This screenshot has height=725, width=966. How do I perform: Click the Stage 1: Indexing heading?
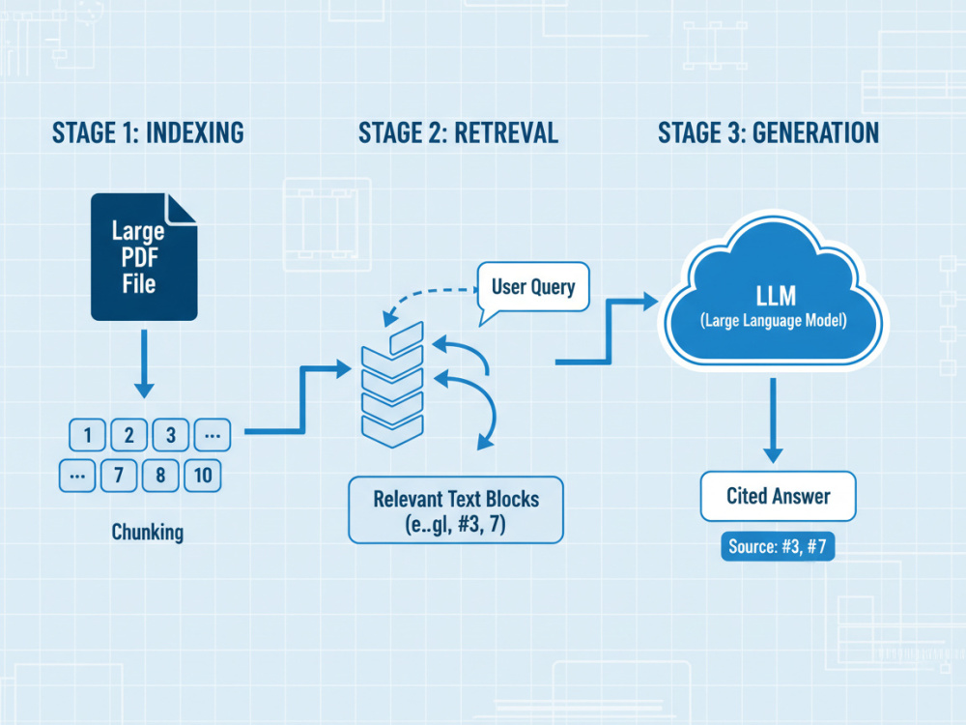tap(148, 133)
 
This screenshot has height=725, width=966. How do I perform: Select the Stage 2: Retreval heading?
tap(458, 133)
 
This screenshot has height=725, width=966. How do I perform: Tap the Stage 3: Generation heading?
tap(768, 133)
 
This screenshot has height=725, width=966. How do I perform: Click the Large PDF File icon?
tap(144, 256)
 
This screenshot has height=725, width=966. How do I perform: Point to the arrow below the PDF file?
tap(144, 363)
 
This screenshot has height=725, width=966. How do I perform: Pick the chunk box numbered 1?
tap(88, 435)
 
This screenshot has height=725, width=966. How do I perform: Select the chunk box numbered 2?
tap(128, 435)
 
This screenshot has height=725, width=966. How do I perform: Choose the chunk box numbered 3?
tap(171, 435)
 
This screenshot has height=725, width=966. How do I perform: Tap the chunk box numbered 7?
tap(119, 476)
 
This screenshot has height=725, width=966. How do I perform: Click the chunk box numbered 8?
tap(160, 476)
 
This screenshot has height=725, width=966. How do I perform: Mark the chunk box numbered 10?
tap(203, 476)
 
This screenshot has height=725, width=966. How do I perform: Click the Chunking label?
tap(147, 532)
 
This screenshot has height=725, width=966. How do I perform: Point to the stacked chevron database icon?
tap(392, 385)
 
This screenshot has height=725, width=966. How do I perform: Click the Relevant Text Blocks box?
tap(456, 509)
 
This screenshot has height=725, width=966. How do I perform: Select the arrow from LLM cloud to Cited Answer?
tap(773, 420)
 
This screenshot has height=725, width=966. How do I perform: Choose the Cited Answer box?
tap(778, 496)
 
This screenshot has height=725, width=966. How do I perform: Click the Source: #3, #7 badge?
tap(778, 546)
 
